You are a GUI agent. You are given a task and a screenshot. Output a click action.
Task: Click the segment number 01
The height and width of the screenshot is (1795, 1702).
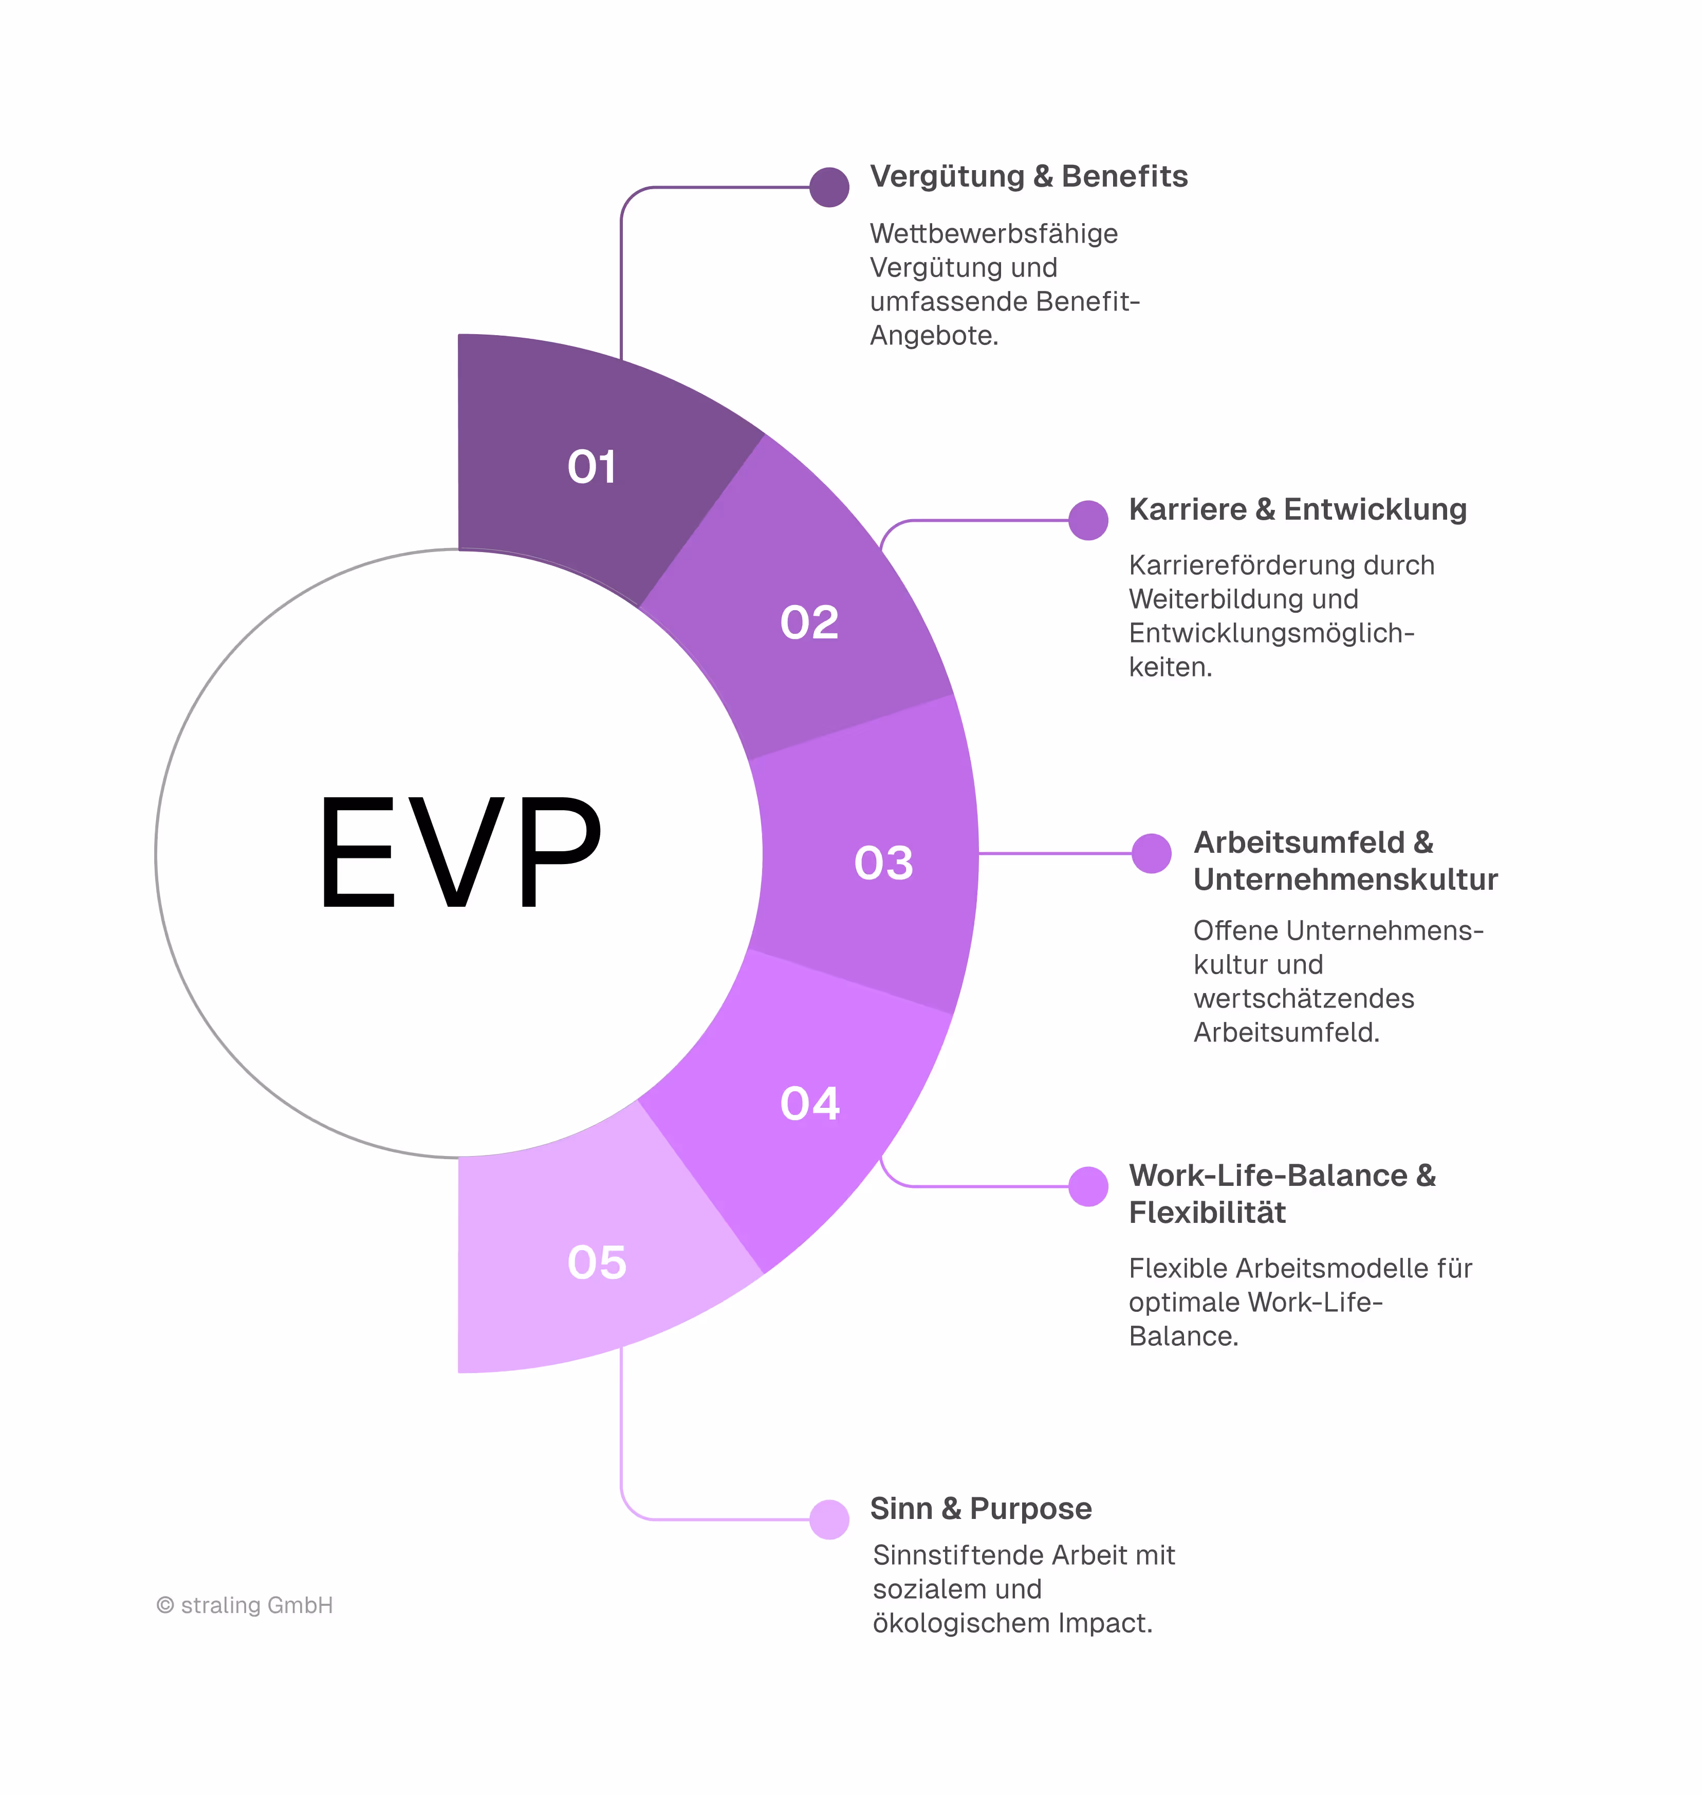tap(591, 467)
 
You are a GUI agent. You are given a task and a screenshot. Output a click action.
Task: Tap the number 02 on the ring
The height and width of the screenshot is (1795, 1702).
tap(809, 622)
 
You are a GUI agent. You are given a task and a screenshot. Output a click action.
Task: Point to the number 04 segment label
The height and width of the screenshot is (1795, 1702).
tap(809, 1104)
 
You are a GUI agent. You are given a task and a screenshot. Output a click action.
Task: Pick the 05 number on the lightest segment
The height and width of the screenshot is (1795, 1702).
tap(596, 1262)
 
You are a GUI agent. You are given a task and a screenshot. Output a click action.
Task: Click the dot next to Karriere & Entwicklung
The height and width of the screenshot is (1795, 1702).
tap(1088, 520)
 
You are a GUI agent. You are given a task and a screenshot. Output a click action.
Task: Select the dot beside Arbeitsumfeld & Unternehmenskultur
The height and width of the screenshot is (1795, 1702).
tap(1151, 853)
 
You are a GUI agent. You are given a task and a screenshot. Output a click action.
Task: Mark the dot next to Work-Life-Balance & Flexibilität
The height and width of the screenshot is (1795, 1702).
tap(1088, 1186)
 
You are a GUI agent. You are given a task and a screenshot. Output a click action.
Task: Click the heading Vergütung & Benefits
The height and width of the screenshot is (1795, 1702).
tap(1028, 176)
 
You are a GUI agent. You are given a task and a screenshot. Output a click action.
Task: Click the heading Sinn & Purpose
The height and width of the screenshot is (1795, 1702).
tap(980, 1508)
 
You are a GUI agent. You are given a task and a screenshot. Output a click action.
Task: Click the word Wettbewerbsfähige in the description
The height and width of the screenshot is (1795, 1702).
tap(993, 233)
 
